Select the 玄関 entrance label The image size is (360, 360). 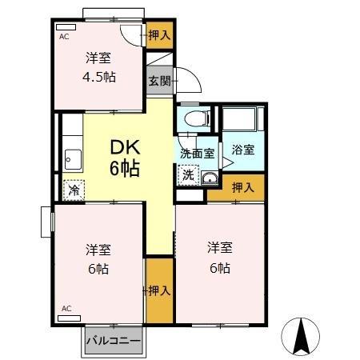click(159, 80)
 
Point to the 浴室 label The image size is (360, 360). click(242, 149)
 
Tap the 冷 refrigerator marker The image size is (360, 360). click(74, 190)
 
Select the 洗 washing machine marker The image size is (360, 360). click(187, 174)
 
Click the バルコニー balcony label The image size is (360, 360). click(113, 340)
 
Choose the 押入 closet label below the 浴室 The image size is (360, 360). click(243, 188)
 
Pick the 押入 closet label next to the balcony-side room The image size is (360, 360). click(159, 290)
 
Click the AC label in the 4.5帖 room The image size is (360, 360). click(63, 36)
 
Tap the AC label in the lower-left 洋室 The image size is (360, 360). click(67, 308)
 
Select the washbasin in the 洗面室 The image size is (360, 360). click(210, 178)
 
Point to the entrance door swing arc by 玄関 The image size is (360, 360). click(186, 81)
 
